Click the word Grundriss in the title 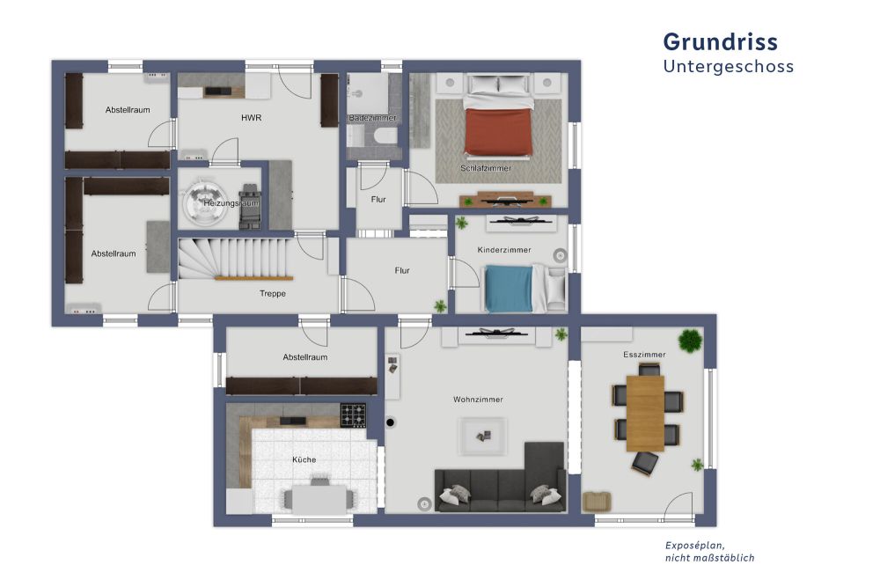point(720,42)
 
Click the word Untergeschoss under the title point(728,67)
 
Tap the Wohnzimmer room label point(478,400)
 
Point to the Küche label point(304,459)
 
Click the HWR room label point(252,118)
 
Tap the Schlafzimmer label point(486,168)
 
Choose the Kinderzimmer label point(504,251)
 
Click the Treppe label point(272,293)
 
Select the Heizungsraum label point(231,203)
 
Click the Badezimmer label point(372,118)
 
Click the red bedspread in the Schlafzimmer point(499,131)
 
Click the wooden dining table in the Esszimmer point(645,412)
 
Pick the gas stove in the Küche point(354,415)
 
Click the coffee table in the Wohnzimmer point(481,434)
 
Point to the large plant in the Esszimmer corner point(691,339)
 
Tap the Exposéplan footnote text point(709,552)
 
